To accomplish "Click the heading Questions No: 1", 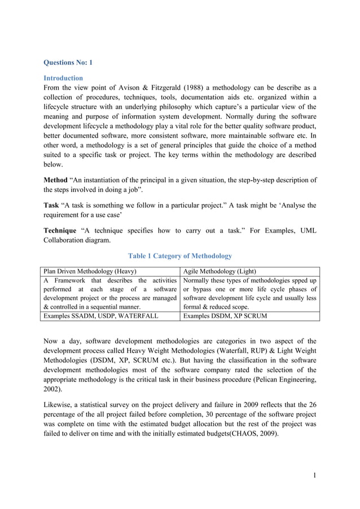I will point(68,63).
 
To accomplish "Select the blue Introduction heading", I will point(63,78).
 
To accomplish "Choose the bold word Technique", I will point(60,230).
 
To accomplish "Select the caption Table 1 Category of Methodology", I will point(179,256).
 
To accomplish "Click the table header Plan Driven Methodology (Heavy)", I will point(90,271).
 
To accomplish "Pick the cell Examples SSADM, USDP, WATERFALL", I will point(100,316).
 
